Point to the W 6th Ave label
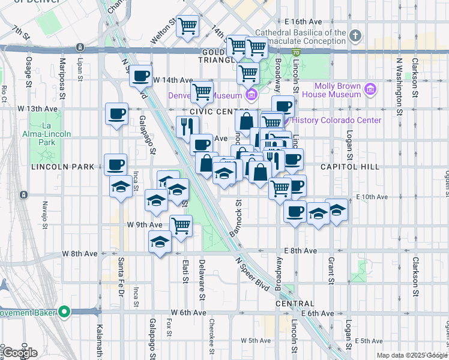click(188, 313)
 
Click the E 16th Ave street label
click(304, 21)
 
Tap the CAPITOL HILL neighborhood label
click(350, 166)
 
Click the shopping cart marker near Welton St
click(188, 26)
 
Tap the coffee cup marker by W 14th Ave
click(140, 76)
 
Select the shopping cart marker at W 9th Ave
click(181, 226)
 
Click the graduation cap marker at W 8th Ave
click(160, 242)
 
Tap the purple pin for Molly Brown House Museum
click(370, 90)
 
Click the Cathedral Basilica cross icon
click(355, 36)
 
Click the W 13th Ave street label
click(38, 109)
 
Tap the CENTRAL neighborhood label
click(295, 304)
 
